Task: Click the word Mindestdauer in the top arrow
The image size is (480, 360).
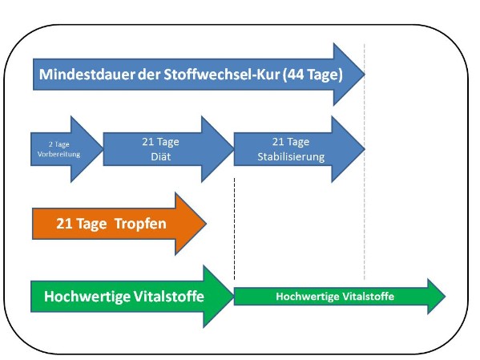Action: [87, 75]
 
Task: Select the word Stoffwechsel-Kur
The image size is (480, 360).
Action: [222, 75]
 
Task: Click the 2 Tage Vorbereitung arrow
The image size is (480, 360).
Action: [67, 149]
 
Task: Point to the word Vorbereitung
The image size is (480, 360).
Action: [58, 154]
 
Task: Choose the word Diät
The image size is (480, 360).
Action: [161, 156]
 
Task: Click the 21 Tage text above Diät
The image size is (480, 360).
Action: [160, 142]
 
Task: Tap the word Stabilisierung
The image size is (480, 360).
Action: [291, 156]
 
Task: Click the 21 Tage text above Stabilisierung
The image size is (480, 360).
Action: [291, 142]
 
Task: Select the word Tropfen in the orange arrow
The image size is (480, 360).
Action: [140, 224]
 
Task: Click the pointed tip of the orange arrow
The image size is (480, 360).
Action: [206, 224]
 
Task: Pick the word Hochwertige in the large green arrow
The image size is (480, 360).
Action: [82, 297]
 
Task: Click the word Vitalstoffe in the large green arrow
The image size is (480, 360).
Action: [163, 297]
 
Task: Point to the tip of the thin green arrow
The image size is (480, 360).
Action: [446, 297]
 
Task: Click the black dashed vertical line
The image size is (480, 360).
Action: [235, 229]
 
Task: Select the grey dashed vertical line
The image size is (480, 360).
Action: [365, 162]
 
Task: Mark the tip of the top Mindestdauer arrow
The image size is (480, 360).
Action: [365, 74]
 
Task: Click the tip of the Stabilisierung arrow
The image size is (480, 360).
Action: [365, 149]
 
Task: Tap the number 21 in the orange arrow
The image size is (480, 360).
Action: [64, 224]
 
